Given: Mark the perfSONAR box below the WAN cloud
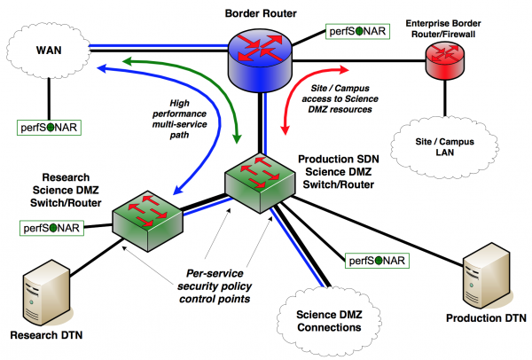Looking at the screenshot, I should [50, 127].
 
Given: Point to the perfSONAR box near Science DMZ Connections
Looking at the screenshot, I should [377, 260].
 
